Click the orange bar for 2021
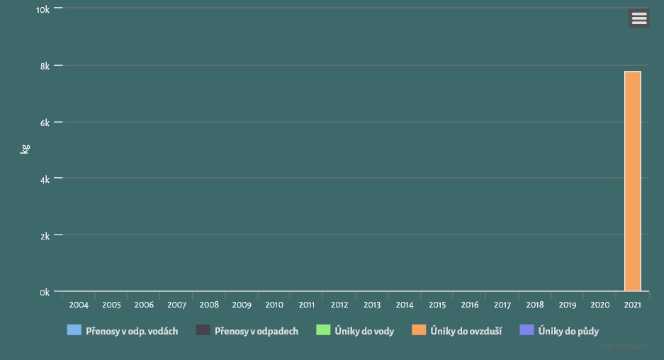632,181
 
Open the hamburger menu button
639,18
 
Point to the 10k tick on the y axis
43,9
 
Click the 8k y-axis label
44,66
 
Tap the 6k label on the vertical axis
44,123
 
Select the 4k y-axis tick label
44,179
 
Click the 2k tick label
44,236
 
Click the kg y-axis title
24,150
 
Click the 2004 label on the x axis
79,305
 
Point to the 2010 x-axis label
274,305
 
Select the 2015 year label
437,305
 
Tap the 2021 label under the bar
633,305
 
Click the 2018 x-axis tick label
535,305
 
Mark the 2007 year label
176,305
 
